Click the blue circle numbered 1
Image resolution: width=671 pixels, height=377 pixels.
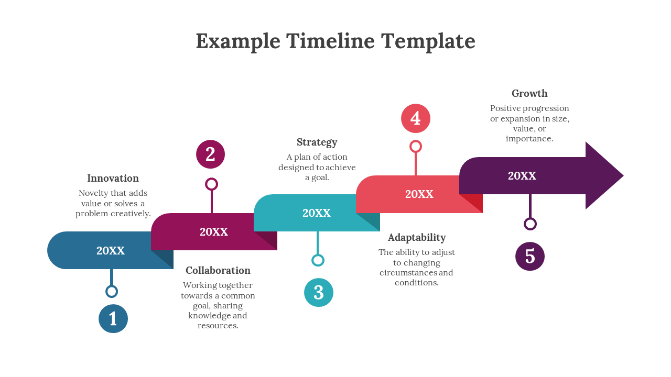pyautogui.click(x=113, y=318)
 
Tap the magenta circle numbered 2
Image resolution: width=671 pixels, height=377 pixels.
pyautogui.click(x=210, y=154)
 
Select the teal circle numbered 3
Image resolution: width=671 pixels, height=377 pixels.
pyautogui.click(x=319, y=292)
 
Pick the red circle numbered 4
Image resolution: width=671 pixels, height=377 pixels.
pyautogui.click(x=416, y=118)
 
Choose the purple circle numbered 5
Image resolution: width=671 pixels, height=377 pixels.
pyautogui.click(x=530, y=257)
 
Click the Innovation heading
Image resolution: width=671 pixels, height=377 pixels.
pyautogui.click(x=113, y=178)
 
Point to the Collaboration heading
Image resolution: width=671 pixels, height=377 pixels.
pyautogui.click(x=218, y=270)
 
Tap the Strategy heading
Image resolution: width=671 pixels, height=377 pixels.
pyautogui.click(x=317, y=142)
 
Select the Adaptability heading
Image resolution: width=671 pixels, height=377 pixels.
pyautogui.click(x=417, y=237)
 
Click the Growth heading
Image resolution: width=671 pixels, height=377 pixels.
pyautogui.click(x=529, y=93)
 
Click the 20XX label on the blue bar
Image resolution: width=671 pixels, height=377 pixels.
pyautogui.click(x=111, y=251)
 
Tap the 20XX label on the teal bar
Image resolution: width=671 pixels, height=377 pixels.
pyautogui.click(x=317, y=213)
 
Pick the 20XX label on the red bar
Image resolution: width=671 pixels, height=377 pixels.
pyautogui.click(x=419, y=194)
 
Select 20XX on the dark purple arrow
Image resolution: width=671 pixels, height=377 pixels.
pyautogui.click(x=522, y=176)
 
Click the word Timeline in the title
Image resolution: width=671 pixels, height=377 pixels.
pyautogui.click(x=330, y=41)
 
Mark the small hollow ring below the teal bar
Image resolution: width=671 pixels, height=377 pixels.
pyautogui.click(x=318, y=260)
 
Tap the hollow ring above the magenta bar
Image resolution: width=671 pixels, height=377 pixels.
pyautogui.click(x=211, y=184)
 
